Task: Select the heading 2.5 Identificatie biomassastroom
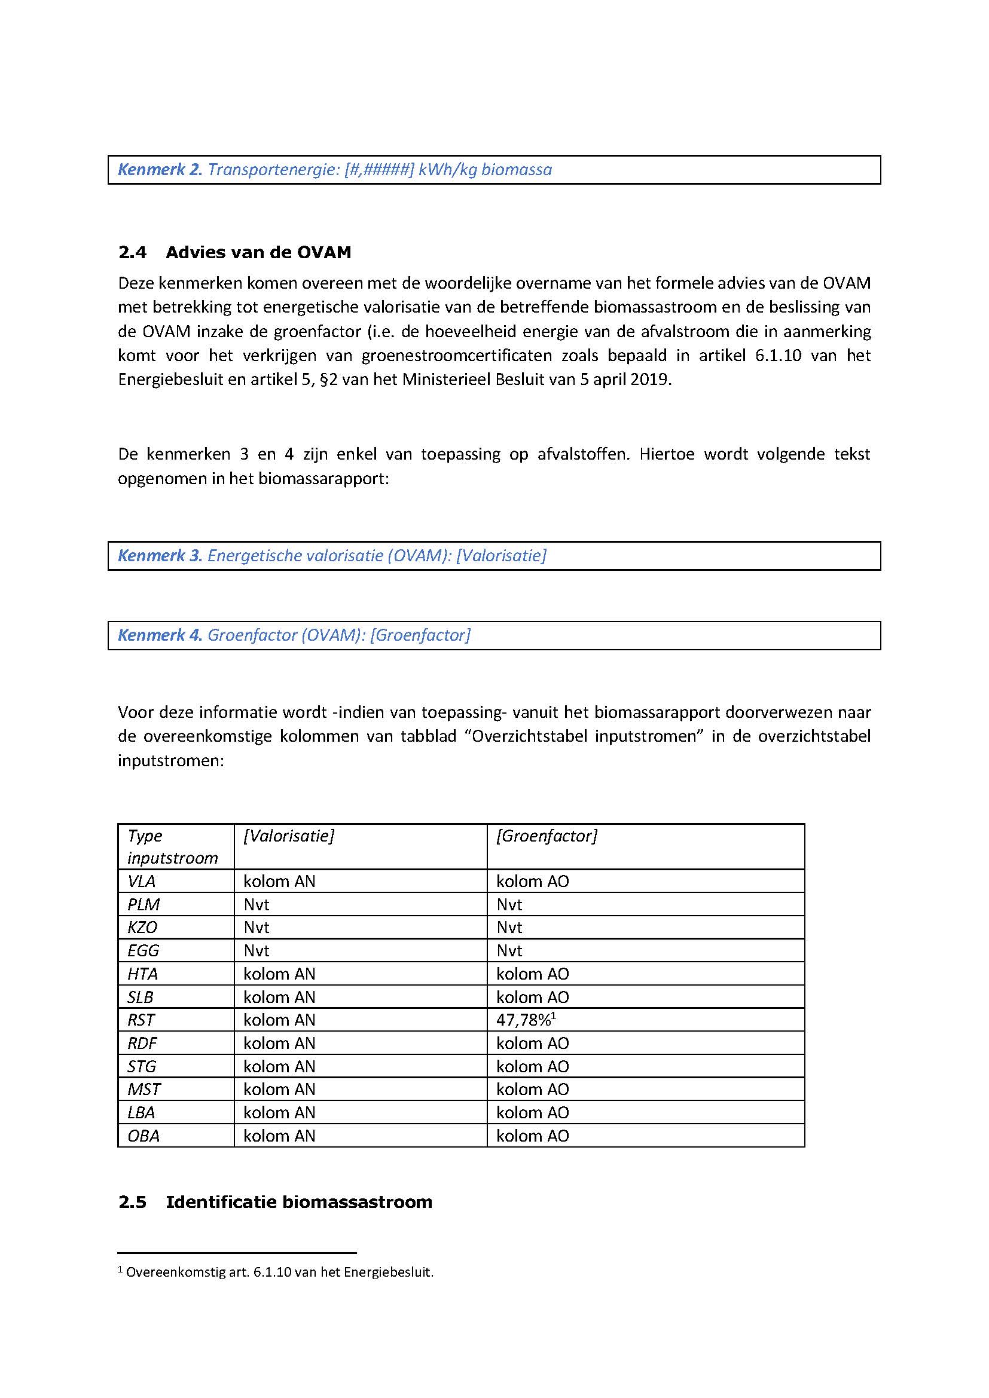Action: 275,1201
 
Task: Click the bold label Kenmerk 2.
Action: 160,169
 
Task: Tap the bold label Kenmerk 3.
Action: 160,555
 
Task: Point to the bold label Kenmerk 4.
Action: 160,635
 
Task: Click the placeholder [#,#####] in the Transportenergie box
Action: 378,169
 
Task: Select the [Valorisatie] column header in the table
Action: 289,836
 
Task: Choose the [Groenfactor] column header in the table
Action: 547,836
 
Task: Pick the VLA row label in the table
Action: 141,881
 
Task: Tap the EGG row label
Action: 143,950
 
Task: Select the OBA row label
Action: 144,1136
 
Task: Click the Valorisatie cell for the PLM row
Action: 257,904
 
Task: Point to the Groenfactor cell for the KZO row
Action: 509,928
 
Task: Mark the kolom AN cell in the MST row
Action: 279,1090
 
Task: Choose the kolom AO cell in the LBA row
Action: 532,1112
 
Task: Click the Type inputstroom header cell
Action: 172,846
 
